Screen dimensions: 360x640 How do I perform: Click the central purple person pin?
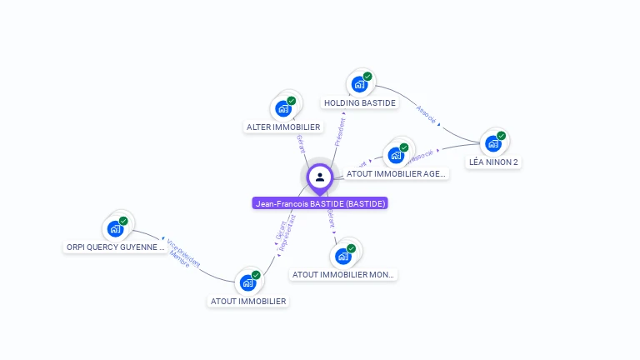pos(320,177)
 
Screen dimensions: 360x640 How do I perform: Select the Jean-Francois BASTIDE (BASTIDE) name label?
pos(320,202)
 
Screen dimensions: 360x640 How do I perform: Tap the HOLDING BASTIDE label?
pos(360,103)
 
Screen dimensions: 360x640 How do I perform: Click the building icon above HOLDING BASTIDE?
pos(359,84)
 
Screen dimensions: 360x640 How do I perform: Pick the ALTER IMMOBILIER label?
pos(283,127)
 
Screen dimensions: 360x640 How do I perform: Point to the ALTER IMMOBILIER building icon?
pos(283,108)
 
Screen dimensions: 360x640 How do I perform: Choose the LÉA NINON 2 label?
pos(493,162)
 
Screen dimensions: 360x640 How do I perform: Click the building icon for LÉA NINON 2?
pos(493,143)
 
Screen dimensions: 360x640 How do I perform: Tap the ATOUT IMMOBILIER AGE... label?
pos(397,174)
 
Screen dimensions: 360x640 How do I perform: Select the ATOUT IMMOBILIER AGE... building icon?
pos(396,155)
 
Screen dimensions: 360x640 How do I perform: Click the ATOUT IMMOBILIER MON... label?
pos(343,274)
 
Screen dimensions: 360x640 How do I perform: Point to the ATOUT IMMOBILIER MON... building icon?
pos(342,256)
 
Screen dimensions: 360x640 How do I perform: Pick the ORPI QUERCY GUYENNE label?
pos(116,247)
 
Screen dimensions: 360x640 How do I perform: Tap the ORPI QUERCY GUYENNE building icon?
pos(115,228)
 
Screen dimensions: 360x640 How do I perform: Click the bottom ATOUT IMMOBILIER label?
pos(247,301)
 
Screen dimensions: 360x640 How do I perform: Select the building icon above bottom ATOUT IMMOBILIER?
pos(247,282)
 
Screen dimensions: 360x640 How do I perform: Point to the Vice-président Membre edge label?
pos(182,252)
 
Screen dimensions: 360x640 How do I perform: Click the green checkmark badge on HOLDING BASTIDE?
pos(367,77)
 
